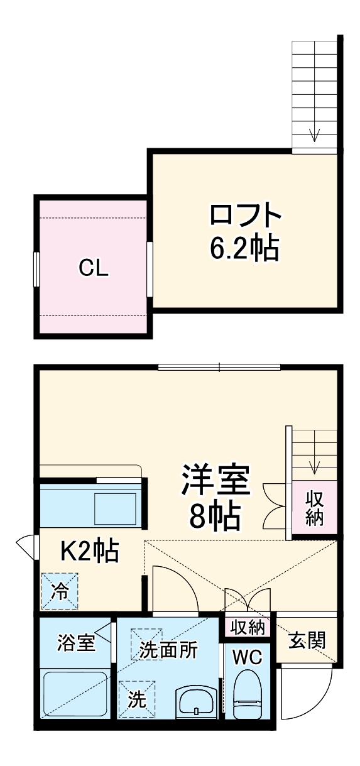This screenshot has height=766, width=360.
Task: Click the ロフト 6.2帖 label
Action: point(244,233)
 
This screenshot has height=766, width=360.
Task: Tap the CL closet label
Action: point(94,268)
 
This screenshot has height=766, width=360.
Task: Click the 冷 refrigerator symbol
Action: point(60,591)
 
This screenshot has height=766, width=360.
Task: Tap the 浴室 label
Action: point(75,643)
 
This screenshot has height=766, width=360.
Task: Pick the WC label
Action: point(248,656)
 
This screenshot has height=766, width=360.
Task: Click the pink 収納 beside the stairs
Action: point(315,508)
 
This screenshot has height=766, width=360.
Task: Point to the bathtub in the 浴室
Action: point(74,694)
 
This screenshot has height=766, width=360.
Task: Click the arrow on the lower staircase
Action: point(315,466)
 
